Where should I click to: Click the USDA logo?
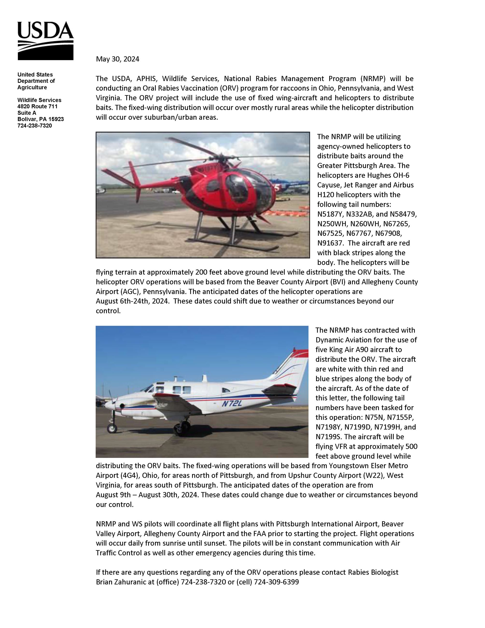45,41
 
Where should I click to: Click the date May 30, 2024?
118,59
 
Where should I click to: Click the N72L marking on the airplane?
232,404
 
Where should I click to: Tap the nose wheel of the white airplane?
112,428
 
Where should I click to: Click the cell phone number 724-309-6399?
276,582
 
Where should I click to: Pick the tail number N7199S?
328,437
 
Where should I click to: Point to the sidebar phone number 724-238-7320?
35,126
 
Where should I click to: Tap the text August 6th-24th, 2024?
133,301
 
